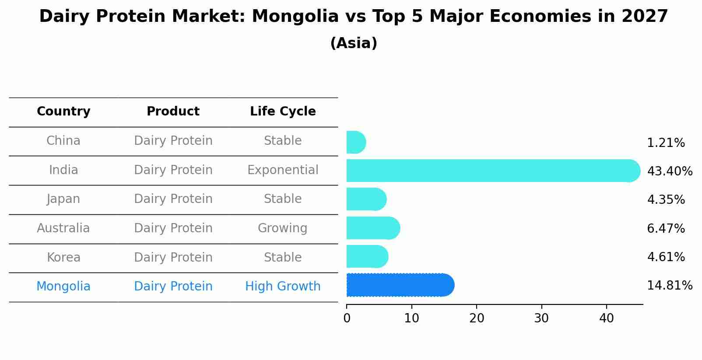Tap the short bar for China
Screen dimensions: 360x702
pyautogui.click(x=355, y=142)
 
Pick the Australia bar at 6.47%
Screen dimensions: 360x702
pyautogui.click(x=373, y=228)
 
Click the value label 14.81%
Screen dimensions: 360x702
pyautogui.click(x=669, y=286)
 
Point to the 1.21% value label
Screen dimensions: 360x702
pyautogui.click(x=665, y=143)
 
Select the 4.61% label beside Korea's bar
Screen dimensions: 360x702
pyautogui.click(x=665, y=257)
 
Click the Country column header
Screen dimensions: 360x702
pyautogui.click(x=63, y=112)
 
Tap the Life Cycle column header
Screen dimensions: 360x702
pyautogui.click(x=283, y=112)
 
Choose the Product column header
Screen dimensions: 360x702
pyautogui.click(x=173, y=112)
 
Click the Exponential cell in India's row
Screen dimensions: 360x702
pyautogui.click(x=283, y=170)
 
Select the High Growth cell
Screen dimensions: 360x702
pyautogui.click(x=283, y=287)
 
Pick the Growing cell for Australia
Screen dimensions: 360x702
pyautogui.click(x=282, y=228)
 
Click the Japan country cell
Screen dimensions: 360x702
pyautogui.click(x=63, y=199)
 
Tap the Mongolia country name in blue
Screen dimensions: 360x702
pyautogui.click(x=63, y=287)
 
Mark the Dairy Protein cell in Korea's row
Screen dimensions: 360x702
pyautogui.click(x=173, y=258)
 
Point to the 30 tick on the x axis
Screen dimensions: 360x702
pyautogui.click(x=541, y=318)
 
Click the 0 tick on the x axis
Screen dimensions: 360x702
pyautogui.click(x=347, y=318)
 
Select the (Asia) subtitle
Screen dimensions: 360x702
pyautogui.click(x=353, y=43)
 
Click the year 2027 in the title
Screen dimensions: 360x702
pyautogui.click(x=644, y=17)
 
